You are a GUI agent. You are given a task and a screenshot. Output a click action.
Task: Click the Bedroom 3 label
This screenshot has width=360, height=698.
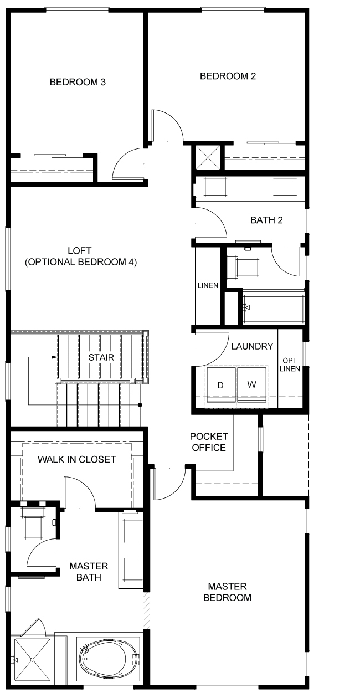78,82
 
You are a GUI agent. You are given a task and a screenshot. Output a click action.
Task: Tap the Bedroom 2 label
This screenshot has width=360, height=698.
228,76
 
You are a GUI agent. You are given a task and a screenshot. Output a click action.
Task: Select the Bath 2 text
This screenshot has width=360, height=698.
266,220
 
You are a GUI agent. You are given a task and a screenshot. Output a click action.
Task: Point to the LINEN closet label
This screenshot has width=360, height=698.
208,285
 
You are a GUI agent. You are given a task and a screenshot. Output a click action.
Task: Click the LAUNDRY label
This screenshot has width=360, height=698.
252,346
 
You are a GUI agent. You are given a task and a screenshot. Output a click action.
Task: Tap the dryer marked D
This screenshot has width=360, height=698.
221,385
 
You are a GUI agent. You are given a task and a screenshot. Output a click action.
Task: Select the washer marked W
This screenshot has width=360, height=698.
251,385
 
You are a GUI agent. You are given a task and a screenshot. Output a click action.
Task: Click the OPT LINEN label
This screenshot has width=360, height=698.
290,365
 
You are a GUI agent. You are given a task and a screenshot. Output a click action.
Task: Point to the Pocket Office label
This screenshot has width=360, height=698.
209,442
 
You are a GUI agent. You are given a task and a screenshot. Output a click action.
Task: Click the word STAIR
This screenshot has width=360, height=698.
101,357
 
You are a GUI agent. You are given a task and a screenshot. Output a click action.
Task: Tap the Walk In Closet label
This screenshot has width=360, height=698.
77,459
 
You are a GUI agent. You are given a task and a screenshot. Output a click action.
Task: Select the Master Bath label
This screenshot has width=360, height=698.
89,572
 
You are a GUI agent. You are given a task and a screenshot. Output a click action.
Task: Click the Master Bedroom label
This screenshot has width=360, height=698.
227,592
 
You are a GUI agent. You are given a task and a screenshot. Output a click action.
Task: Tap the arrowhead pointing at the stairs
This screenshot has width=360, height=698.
54,357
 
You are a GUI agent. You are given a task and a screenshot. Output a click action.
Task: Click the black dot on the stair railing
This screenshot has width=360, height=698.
140,405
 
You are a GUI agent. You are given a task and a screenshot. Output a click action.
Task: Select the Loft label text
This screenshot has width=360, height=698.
81,256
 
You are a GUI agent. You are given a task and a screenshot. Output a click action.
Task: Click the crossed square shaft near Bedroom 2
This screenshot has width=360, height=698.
208,157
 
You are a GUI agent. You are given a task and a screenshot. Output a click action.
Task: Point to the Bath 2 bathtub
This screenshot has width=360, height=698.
273,307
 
